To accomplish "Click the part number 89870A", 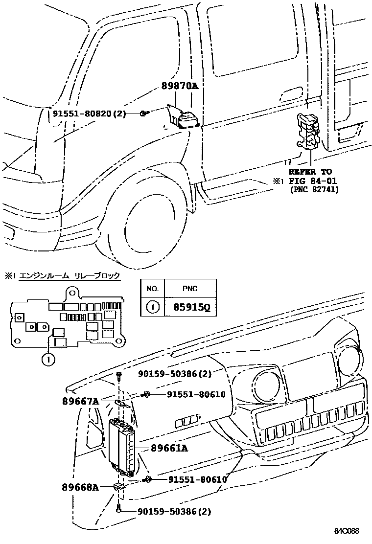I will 180,86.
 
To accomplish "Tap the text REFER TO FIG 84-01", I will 310,176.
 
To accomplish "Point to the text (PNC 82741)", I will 314,189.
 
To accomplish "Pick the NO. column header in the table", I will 152,289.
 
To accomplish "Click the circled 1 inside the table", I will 152,308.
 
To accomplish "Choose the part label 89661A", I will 169,447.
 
